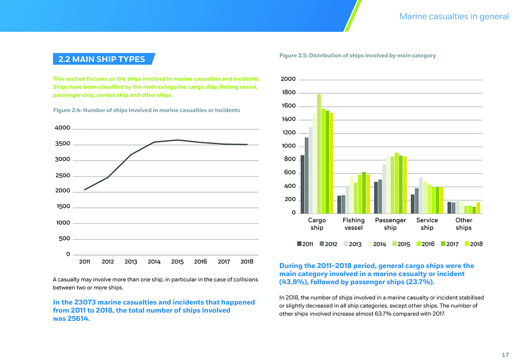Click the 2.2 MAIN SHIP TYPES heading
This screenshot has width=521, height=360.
(101, 59)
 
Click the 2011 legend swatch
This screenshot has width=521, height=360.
(299, 244)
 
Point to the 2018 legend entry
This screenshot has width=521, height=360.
(473, 244)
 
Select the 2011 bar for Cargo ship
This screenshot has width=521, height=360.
(303, 184)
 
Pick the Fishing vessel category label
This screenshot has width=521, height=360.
(353, 224)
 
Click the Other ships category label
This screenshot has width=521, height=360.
(464, 224)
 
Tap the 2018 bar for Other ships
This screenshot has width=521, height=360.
(478, 208)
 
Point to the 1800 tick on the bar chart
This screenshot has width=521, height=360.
(288, 93)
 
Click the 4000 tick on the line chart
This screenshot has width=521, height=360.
(63, 128)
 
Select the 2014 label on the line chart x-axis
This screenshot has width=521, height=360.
(154, 262)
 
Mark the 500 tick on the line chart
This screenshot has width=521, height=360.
(65, 239)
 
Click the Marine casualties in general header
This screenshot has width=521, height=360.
(454, 16)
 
